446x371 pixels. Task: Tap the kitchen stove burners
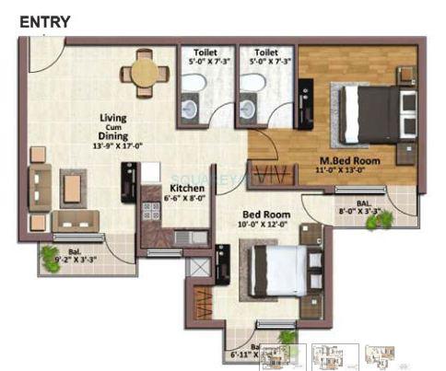point(150,211)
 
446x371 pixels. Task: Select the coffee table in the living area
point(72,188)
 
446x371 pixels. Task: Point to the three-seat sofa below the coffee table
point(75,221)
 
